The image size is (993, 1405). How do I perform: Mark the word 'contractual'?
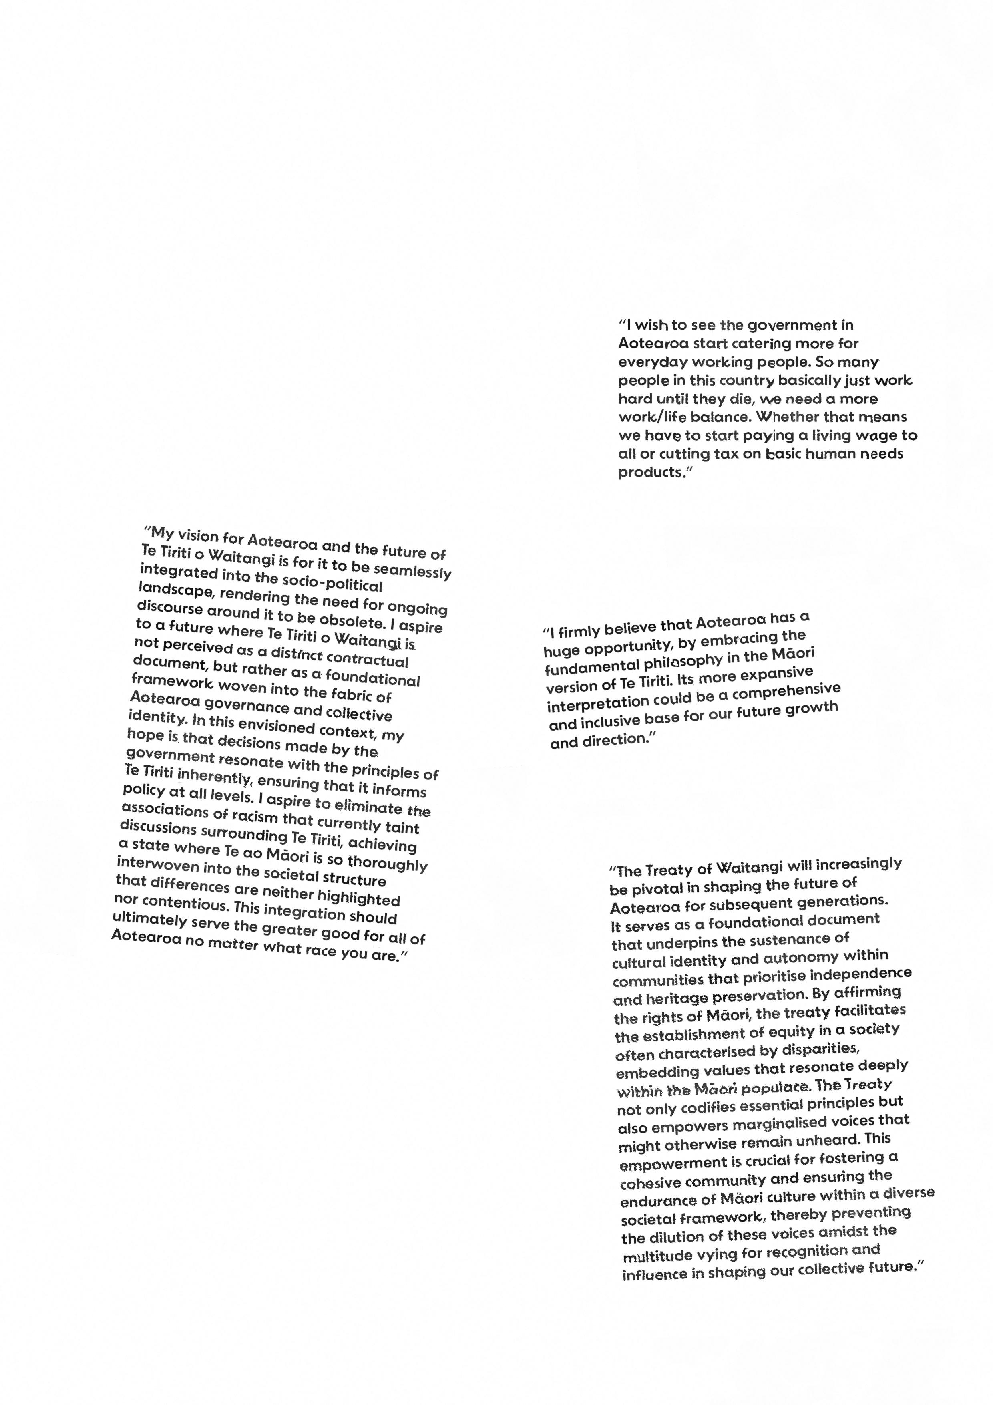tap(367, 659)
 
